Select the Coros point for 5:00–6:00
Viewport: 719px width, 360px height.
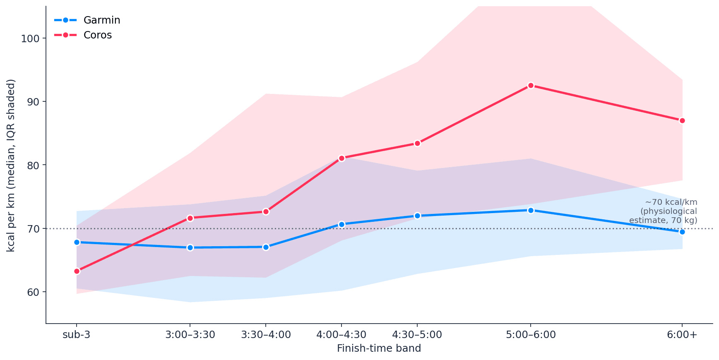(x=531, y=85)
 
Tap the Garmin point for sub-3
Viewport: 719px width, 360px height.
(x=77, y=242)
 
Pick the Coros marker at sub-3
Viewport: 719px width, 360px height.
(x=77, y=271)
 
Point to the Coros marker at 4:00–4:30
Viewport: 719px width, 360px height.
(x=341, y=158)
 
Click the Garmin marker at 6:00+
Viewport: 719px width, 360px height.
(x=682, y=232)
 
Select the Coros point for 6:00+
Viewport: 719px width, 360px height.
(x=682, y=120)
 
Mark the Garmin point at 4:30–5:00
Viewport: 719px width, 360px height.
(x=417, y=216)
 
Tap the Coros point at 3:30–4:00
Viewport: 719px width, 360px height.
(x=266, y=211)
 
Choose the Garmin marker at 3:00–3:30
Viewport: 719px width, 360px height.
(x=190, y=247)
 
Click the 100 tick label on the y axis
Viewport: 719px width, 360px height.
(x=30, y=38)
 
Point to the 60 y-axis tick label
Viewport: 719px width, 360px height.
(x=33, y=292)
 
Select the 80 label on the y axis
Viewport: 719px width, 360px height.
(x=33, y=165)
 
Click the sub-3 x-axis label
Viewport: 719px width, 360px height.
(x=77, y=335)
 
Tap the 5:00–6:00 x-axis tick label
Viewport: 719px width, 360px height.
(x=531, y=335)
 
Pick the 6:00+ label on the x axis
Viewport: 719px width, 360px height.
(x=682, y=335)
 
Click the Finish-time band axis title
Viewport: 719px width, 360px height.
(x=379, y=348)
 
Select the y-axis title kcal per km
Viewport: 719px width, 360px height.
(x=11, y=165)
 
